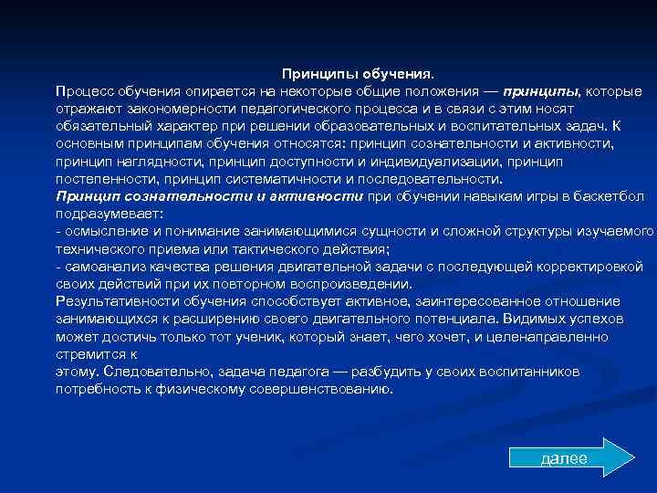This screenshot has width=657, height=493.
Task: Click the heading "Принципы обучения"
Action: [359, 74]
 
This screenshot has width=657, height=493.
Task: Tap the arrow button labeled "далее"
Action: [563, 458]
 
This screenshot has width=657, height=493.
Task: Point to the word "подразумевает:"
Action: [109, 213]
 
